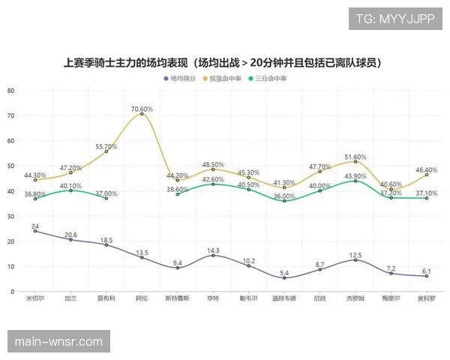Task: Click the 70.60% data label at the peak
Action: point(142,109)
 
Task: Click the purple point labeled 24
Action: point(34,231)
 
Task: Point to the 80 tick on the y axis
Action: point(11,90)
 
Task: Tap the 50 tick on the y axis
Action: point(11,166)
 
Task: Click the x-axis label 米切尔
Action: point(34,298)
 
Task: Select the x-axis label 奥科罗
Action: point(427,298)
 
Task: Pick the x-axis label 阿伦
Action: point(142,298)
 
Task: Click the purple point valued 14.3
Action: point(213,255)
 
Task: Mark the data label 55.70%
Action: point(106,146)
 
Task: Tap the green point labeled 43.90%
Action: point(355,181)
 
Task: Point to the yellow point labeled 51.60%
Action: point(355,161)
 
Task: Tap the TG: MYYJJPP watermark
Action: point(395,18)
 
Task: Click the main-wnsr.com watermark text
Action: point(58,342)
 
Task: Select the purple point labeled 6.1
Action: point(427,276)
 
